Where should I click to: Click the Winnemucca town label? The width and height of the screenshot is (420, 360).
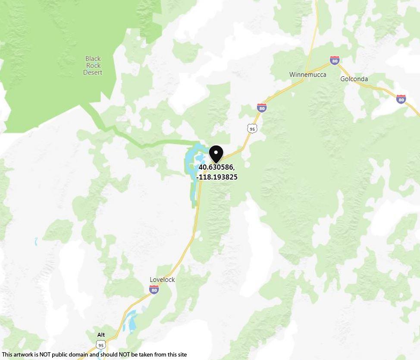[307, 75]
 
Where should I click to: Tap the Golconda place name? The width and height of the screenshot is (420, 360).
[354, 79]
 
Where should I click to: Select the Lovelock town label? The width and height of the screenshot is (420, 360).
[162, 280]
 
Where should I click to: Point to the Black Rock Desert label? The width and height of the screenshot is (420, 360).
[93, 66]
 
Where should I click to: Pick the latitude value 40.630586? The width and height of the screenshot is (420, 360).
[216, 167]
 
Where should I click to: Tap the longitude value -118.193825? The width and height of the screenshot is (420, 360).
[217, 177]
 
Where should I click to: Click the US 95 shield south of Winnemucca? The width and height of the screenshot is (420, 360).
[252, 128]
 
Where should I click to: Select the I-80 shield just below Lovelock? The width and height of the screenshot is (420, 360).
[154, 290]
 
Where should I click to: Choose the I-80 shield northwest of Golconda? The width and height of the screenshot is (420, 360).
[335, 60]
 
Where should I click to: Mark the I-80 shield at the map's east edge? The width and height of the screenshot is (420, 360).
[401, 99]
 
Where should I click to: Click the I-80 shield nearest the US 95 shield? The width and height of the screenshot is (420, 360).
[261, 107]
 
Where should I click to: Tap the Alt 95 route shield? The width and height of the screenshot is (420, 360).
[101, 344]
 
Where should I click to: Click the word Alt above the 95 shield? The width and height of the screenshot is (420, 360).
[101, 335]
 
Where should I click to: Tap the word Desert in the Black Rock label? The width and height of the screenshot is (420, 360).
[93, 73]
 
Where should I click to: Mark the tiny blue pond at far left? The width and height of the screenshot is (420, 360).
[36, 241]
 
